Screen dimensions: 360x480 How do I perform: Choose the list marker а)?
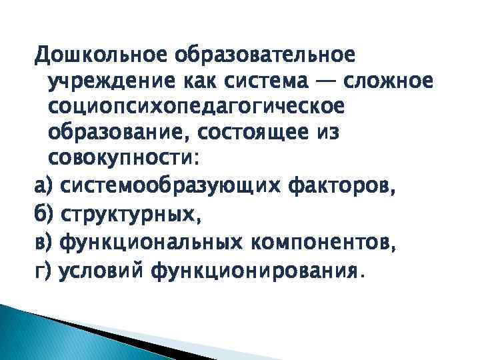(x=43, y=189)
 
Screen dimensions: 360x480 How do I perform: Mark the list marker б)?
(x=43, y=216)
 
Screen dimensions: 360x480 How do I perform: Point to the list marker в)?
(x=43, y=244)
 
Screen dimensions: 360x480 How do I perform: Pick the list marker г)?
(x=43, y=271)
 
